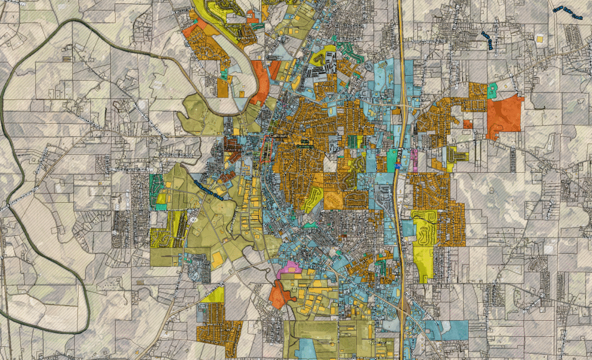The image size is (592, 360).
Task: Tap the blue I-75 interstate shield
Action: click(x=397, y=166)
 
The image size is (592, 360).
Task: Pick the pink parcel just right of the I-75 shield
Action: click(x=415, y=159)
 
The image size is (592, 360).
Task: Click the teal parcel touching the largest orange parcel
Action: click(x=493, y=90)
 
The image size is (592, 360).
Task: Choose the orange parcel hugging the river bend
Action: click(x=260, y=76)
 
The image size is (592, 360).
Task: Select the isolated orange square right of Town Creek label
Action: click(x=540, y=39)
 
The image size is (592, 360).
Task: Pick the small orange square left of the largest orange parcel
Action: click(x=468, y=124)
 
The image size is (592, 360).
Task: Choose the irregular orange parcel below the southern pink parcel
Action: click(x=279, y=293)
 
